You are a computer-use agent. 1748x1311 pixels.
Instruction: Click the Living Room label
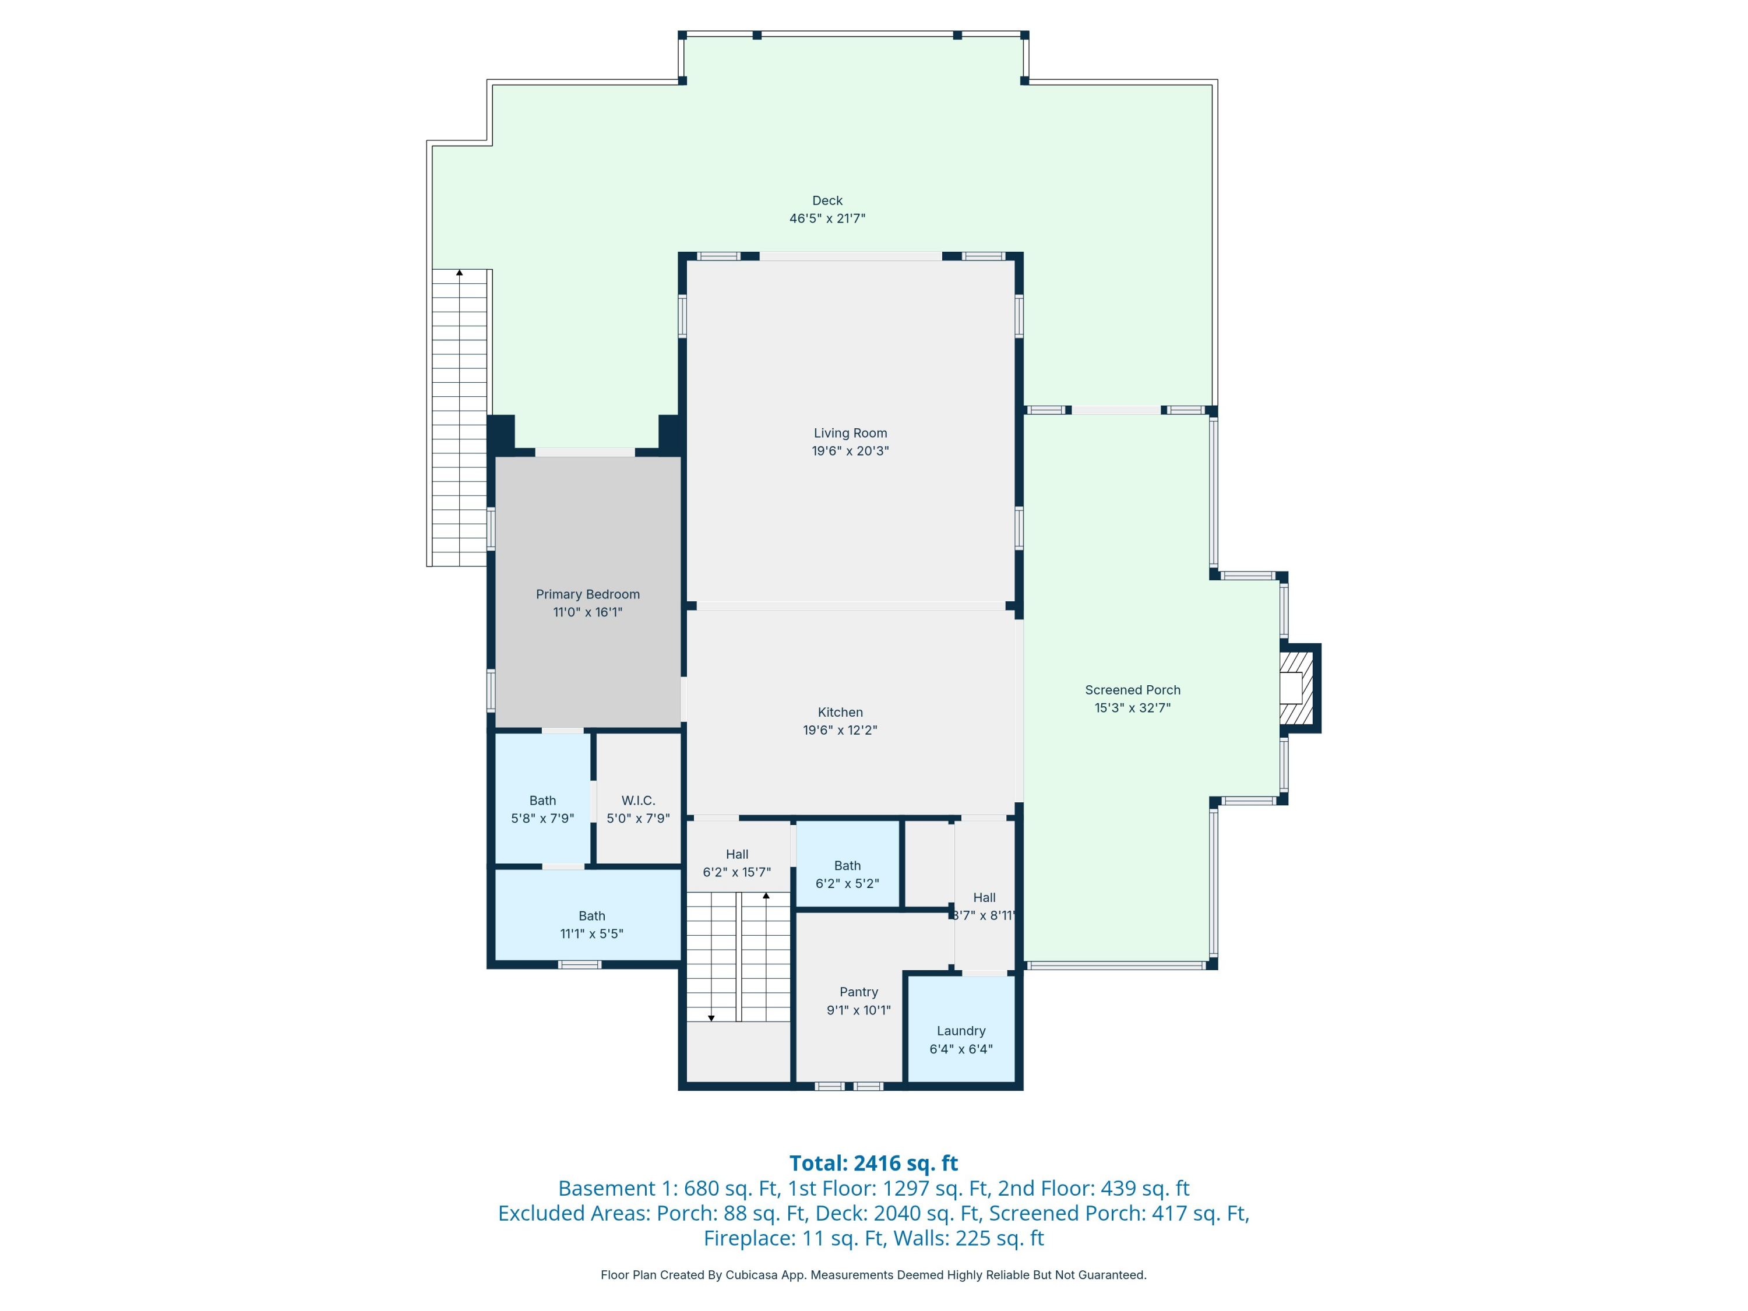850,433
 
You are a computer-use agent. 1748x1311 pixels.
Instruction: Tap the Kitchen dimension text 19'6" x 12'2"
840,730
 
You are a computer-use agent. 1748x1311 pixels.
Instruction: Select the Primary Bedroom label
588,594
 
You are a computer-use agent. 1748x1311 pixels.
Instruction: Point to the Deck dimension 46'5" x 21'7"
827,218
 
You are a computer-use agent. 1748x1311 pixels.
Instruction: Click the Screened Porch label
1132,690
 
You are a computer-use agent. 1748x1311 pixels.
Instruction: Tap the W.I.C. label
637,801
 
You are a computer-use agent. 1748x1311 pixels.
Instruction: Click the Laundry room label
961,1031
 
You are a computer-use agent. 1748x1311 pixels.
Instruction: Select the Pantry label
858,992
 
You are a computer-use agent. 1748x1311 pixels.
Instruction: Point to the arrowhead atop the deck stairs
459,273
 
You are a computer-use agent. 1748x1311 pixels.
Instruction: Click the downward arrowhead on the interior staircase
711,1019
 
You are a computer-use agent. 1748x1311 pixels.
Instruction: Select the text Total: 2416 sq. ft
873,1163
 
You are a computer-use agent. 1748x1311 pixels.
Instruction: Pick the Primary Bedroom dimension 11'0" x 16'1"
588,612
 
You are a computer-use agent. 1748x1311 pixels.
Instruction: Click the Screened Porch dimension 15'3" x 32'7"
1132,708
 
